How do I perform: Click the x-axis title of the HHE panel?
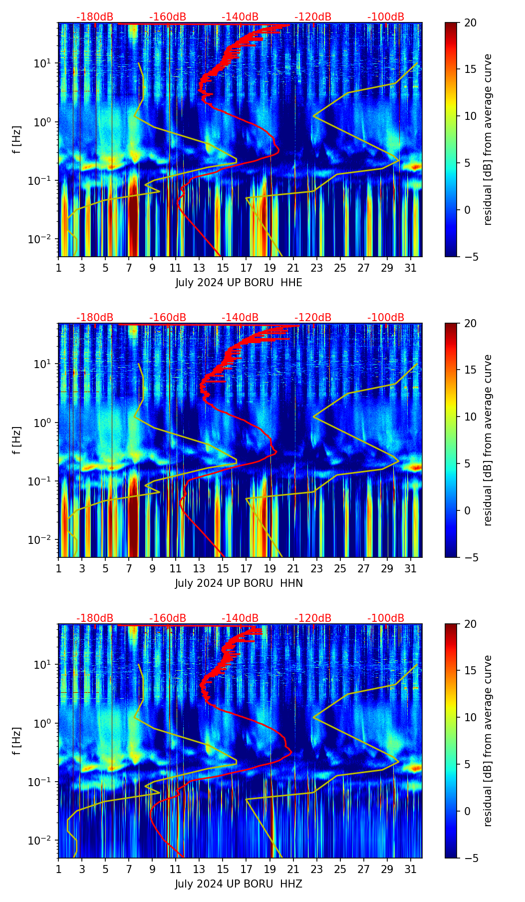239,283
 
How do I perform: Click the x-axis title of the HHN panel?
239,583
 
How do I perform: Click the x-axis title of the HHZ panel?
239,884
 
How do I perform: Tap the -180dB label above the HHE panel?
95,17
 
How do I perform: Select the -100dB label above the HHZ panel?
386,618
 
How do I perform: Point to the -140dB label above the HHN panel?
240,318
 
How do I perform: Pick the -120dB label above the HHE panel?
313,17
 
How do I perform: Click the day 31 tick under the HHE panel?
410,268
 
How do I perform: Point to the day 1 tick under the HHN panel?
59,568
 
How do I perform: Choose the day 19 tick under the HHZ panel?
270,869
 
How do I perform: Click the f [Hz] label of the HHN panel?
17,440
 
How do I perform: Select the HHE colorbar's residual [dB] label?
488,139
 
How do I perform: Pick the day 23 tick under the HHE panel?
317,268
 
